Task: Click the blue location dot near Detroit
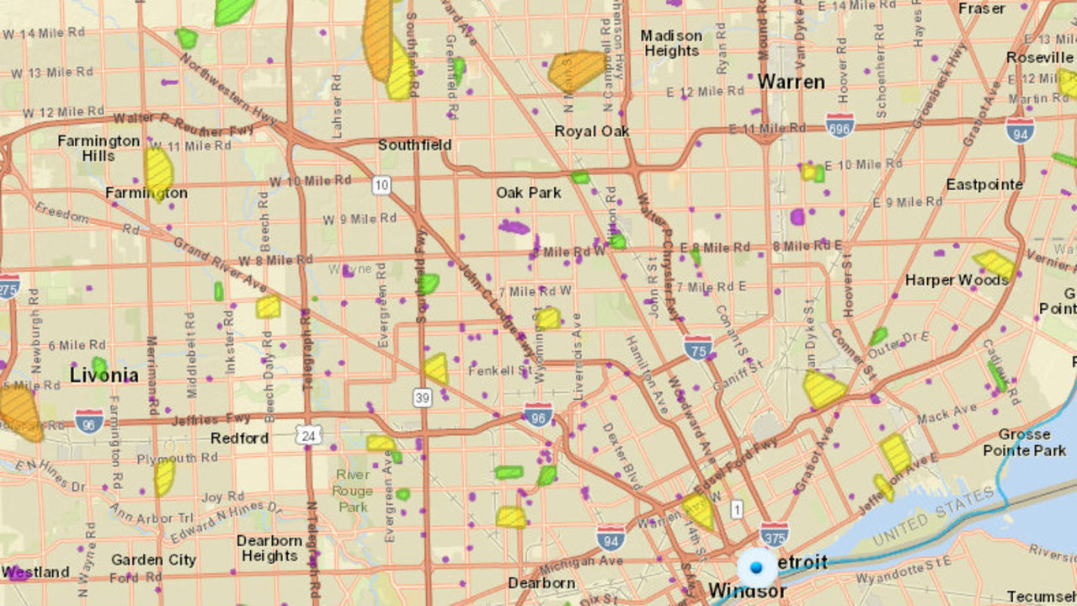pos(755,568)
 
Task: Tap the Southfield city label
pos(414,145)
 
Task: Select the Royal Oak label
pos(592,131)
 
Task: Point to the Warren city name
pos(791,82)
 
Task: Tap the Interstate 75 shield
pos(698,347)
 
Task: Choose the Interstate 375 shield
pos(774,534)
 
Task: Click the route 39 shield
pos(423,396)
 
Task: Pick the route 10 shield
pos(382,184)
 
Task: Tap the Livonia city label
pos(104,375)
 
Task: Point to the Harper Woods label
pos(957,279)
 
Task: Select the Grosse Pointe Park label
pos(1024,442)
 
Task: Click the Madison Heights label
pos(671,43)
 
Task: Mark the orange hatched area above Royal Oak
pos(577,70)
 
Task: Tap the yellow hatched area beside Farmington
pos(158,172)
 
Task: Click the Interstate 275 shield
pos(8,286)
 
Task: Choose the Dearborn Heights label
pos(269,548)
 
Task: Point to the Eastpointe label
pos(984,184)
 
